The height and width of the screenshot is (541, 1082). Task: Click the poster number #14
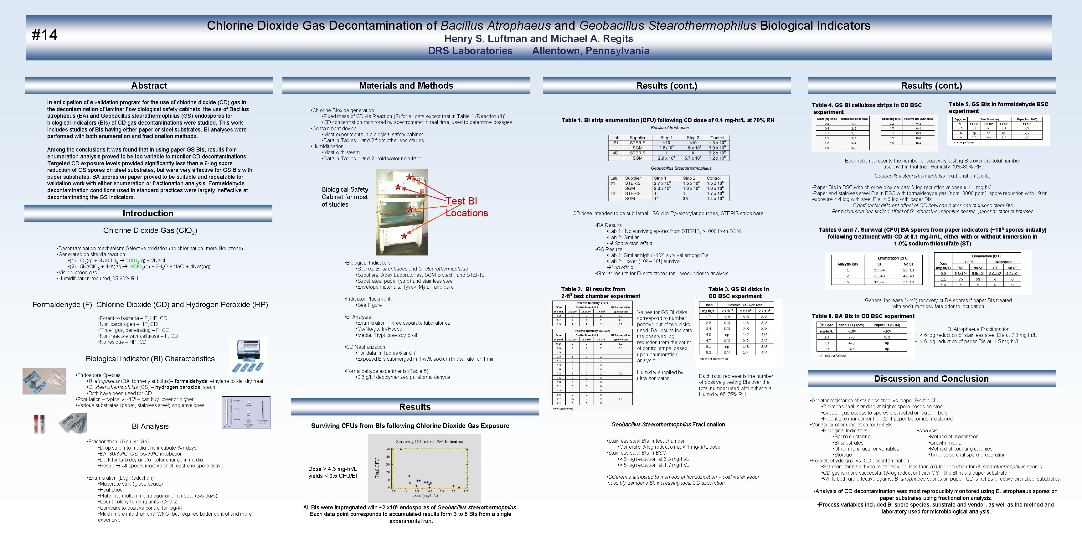pos(44,35)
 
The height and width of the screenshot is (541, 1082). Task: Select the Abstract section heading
pos(149,86)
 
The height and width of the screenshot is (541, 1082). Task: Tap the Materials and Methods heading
pos(406,86)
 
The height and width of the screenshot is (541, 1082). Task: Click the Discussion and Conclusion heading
pos(931,379)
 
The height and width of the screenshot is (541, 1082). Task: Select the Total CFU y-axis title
pos(377,468)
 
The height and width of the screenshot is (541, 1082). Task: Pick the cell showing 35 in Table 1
pos(685,199)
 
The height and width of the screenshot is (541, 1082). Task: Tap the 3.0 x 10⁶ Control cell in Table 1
pos(717,148)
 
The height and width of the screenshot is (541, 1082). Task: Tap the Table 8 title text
pos(863,316)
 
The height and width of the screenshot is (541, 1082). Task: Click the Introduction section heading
pos(148,214)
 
